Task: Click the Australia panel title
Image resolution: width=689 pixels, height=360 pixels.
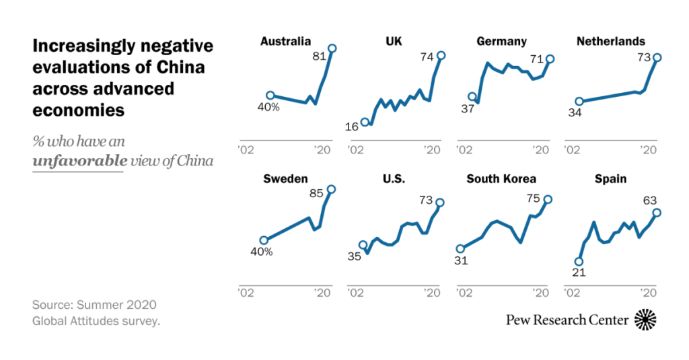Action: pos(285,42)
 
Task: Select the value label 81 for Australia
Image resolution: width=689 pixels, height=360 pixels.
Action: pos(319,57)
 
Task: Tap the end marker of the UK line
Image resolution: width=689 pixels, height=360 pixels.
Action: pos(441,55)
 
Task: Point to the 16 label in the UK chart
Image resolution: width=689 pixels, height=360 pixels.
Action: pos(351,127)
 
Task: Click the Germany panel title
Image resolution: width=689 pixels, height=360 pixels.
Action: pos(501,42)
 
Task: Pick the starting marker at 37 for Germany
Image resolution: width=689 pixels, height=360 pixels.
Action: pos(472,97)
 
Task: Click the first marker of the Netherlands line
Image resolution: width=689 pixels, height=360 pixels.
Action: pos(580,102)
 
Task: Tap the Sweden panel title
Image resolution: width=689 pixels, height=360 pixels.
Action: pos(285,179)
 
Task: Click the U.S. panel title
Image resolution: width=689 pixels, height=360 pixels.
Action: pos(394,179)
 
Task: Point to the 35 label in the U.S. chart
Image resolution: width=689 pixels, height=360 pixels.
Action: pos(354,256)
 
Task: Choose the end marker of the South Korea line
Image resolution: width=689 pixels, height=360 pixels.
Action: pos(548,199)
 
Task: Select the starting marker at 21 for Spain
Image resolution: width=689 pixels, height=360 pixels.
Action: pos(578,262)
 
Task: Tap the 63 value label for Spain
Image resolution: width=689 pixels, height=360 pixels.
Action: pos(649,200)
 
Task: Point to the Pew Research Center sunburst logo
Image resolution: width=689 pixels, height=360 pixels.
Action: pos(645,319)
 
